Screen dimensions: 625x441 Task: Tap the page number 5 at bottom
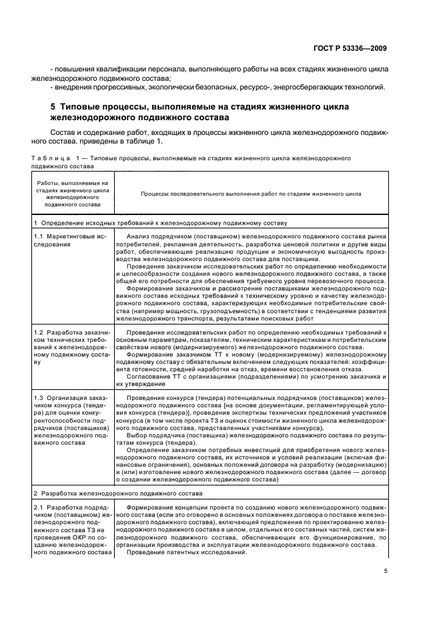click(x=385, y=571)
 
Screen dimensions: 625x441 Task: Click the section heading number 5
click(x=53, y=107)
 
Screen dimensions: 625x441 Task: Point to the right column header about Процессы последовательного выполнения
click(x=251, y=194)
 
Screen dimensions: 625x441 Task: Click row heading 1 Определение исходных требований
click(x=160, y=222)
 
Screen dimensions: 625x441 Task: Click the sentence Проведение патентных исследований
click(x=186, y=553)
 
